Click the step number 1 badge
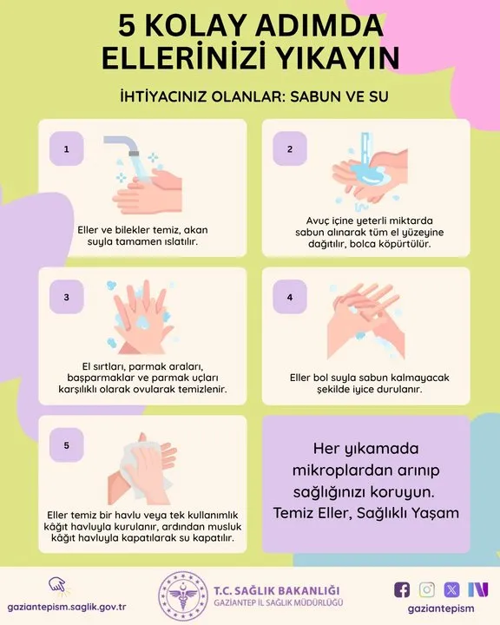point(67,148)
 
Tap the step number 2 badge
point(290,148)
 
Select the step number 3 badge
point(67,297)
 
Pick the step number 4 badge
point(290,297)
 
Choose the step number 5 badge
point(67,445)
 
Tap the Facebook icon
point(402,589)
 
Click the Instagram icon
point(426,589)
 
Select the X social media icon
point(451,589)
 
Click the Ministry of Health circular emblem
point(183,595)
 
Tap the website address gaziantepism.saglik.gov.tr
point(67,608)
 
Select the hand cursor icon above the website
point(58,586)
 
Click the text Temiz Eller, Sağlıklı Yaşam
point(366,513)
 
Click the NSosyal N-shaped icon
point(478,589)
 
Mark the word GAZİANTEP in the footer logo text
point(237,602)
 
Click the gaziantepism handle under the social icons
point(441,609)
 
